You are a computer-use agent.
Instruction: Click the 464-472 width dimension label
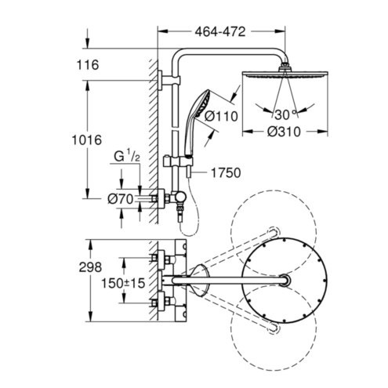click(220, 32)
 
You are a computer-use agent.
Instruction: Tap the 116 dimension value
click(88, 65)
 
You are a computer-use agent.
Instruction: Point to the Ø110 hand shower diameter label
click(221, 116)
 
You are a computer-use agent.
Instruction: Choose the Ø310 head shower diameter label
click(284, 132)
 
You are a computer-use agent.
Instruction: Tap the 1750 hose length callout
click(226, 173)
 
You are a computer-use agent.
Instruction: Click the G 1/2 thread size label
click(127, 157)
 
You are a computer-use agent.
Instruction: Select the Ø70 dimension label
click(121, 200)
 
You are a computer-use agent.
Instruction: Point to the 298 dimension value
click(90, 267)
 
